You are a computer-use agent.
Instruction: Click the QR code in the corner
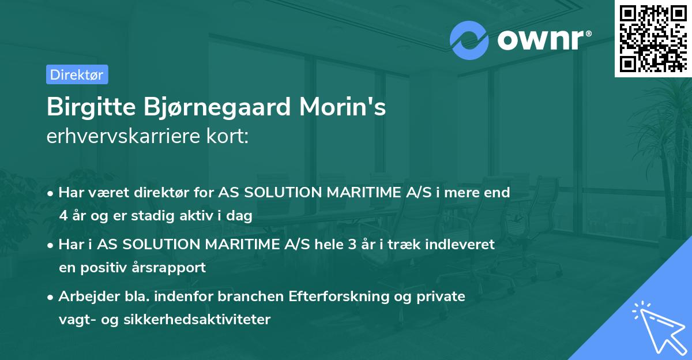click(x=653, y=38)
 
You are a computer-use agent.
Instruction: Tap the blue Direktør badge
click(x=77, y=74)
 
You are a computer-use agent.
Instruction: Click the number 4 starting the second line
click(x=63, y=216)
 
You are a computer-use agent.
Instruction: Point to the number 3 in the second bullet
click(x=351, y=244)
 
